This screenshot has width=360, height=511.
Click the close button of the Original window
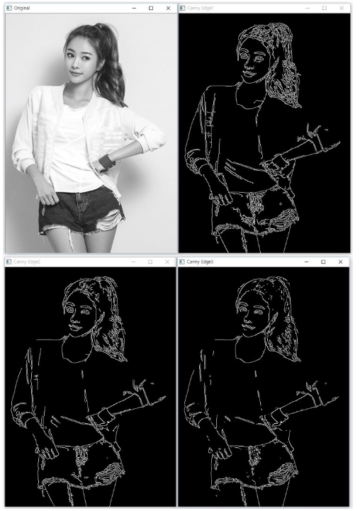pos(167,7)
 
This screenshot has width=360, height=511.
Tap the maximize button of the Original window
pos(150,7)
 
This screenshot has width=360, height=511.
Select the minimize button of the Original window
pos(134,7)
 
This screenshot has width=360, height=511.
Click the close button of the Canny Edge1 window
pos(341,7)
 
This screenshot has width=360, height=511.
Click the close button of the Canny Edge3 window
pos(341,262)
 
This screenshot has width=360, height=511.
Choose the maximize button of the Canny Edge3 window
pos(324,262)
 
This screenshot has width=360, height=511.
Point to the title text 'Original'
pos(22,7)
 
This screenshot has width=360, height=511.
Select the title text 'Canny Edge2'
pos(27,262)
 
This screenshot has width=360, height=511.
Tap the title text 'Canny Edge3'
pos(200,262)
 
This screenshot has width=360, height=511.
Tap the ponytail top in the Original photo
pos(99,30)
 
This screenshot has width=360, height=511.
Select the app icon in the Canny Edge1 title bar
pos(183,7)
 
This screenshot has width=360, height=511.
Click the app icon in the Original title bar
pos(8,7)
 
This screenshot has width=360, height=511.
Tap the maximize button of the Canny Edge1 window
pos(324,7)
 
